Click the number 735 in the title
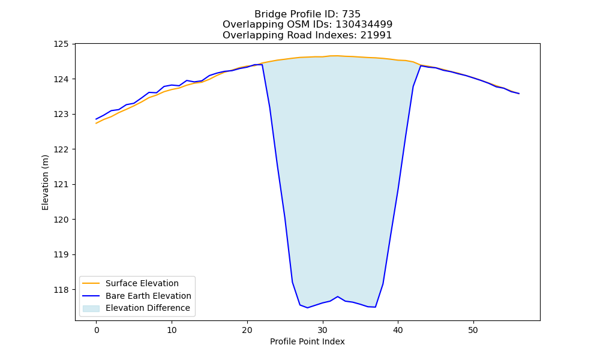(351, 14)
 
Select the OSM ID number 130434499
(364, 25)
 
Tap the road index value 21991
(376, 35)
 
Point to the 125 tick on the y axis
(61, 44)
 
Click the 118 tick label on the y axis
(61, 290)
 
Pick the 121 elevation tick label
(61, 184)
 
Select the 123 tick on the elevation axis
(61, 115)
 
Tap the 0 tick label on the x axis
(97, 330)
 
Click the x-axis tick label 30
(323, 330)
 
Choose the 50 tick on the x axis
(473, 330)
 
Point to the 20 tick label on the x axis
(247, 330)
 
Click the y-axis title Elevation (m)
(45, 182)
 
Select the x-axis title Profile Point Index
(307, 341)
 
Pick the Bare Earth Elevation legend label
(148, 296)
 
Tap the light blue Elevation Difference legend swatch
(91, 308)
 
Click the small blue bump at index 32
(337, 296)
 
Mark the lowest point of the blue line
(307, 308)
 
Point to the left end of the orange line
(96, 123)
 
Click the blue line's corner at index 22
(262, 65)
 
